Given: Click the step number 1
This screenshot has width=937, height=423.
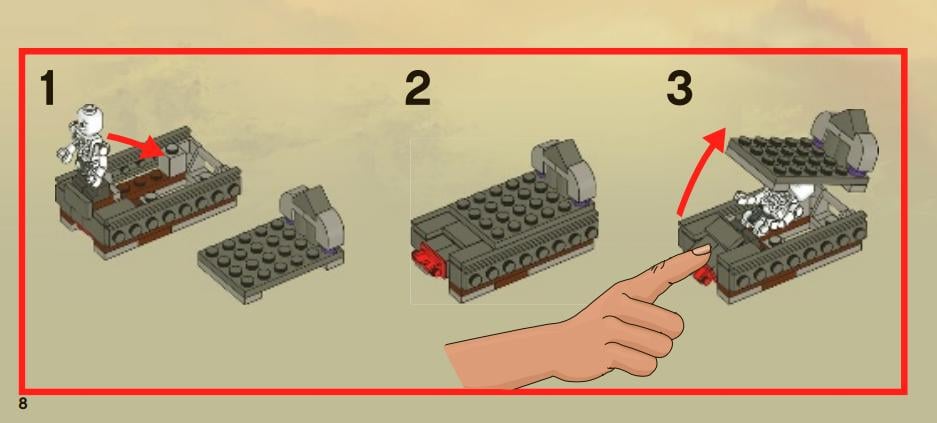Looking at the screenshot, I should point(46,90).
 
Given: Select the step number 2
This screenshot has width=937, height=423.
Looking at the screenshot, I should point(418,90).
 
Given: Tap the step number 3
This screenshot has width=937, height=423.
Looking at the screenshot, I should point(679,90).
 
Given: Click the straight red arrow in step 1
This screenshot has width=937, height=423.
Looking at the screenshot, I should point(134,143).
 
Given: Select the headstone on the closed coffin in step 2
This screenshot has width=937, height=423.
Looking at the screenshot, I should point(566,166).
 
